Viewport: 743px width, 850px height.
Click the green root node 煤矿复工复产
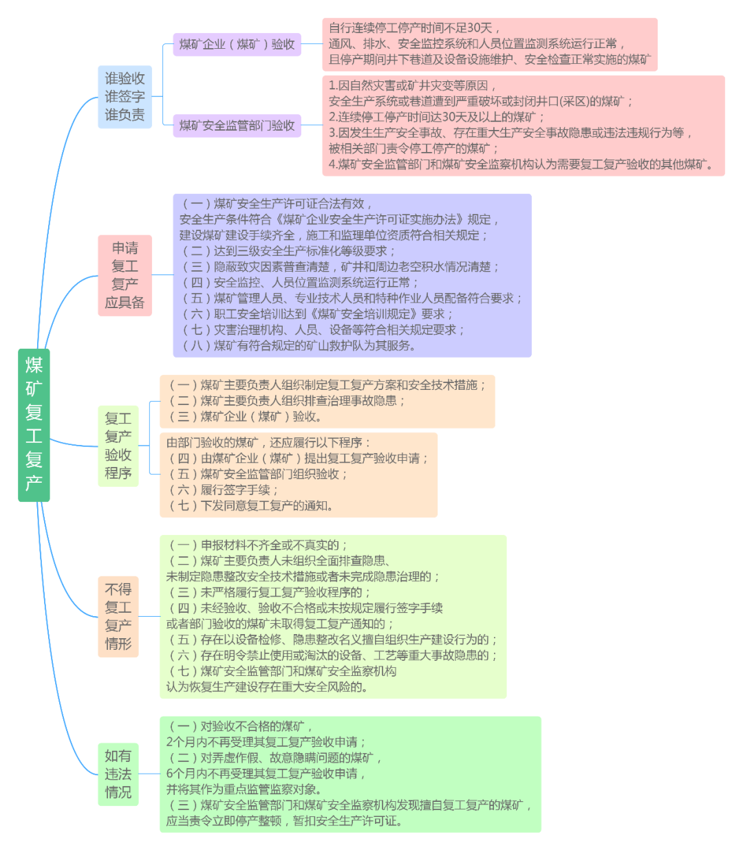click(34, 424)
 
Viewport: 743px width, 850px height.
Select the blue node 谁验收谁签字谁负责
click(125, 96)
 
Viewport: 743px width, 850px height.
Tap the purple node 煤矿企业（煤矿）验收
click(237, 45)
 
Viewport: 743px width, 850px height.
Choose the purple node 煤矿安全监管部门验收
click(237, 125)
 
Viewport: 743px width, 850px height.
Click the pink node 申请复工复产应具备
click(125, 275)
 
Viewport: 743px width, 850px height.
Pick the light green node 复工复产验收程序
click(118, 446)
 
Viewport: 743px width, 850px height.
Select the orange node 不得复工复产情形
click(118, 616)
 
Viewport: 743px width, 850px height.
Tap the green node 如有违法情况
click(118, 774)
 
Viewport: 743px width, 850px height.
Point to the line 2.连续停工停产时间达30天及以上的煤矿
click(436, 117)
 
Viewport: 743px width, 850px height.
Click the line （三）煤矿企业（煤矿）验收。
click(245, 416)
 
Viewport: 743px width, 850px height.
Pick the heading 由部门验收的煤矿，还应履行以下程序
click(268, 442)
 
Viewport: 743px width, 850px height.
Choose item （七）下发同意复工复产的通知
click(252, 505)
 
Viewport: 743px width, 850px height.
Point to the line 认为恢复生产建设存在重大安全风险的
click(267, 686)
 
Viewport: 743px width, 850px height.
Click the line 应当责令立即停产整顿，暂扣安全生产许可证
click(284, 820)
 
